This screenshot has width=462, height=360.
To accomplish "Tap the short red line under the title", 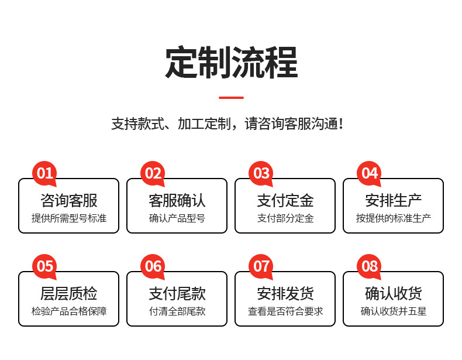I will point(231,97).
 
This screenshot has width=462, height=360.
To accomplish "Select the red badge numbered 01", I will point(45,173).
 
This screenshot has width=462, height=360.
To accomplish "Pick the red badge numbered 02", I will point(153,173).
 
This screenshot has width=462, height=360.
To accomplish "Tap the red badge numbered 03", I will point(261,173).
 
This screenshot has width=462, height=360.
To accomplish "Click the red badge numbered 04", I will point(370,173).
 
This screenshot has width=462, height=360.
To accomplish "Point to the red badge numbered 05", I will point(45,266).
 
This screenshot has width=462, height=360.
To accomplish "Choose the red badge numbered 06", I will point(153,266).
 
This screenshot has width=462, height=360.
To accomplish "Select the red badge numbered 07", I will point(261,266).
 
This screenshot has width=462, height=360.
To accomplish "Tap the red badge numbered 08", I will point(370,266).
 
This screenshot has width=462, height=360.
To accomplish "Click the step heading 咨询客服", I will point(69,200).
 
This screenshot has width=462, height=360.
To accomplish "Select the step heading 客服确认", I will point(177,200).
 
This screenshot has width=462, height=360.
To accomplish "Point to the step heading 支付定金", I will point(285,200).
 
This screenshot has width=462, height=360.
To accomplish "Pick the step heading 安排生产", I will point(393,200).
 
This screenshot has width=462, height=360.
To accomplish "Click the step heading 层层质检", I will point(69,293).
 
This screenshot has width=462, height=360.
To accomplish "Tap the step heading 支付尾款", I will point(177,293).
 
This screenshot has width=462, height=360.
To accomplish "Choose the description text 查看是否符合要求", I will point(285,311).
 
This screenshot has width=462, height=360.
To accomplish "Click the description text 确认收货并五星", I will point(393,311).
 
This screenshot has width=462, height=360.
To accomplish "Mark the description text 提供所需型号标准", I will point(69,218).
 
